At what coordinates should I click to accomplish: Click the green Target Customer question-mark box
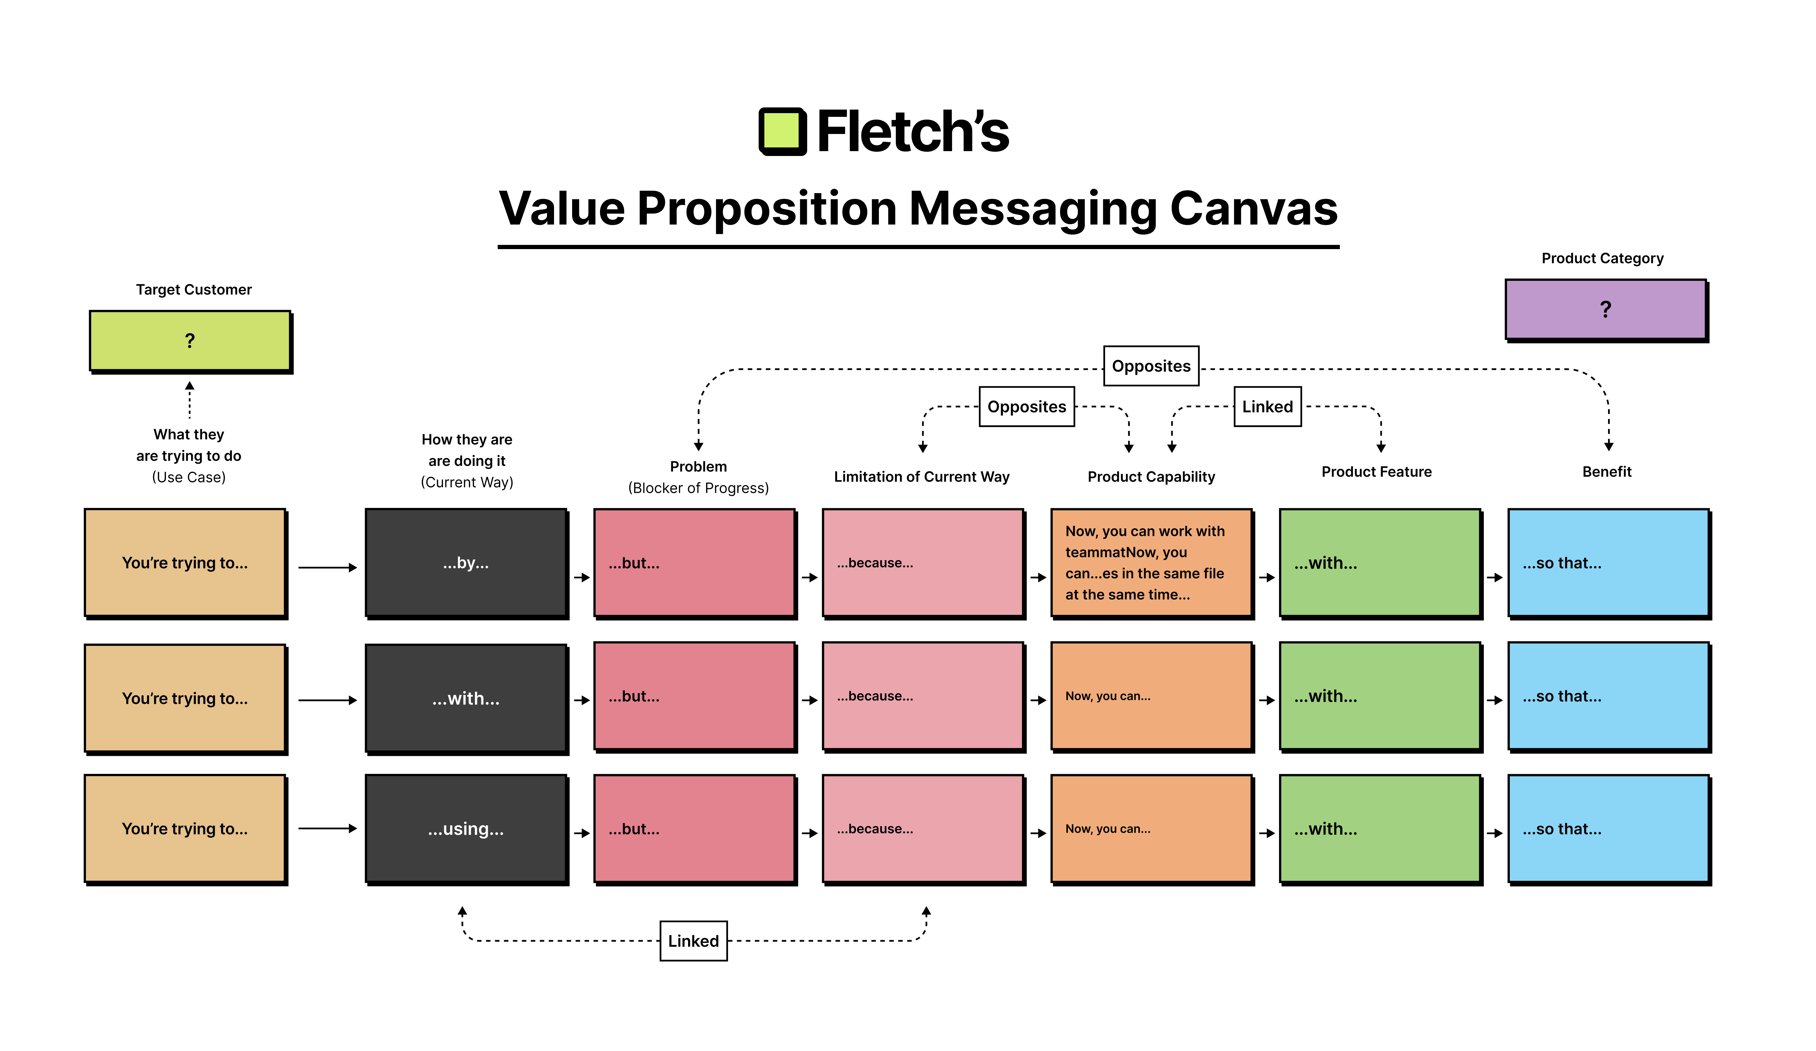click(190, 340)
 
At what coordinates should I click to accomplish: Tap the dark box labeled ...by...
click(466, 562)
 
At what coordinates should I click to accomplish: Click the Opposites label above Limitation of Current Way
click(1026, 407)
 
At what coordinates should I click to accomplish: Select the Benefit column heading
click(1606, 471)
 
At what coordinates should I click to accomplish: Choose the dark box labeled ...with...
click(466, 698)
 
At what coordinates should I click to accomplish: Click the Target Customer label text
click(194, 289)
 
